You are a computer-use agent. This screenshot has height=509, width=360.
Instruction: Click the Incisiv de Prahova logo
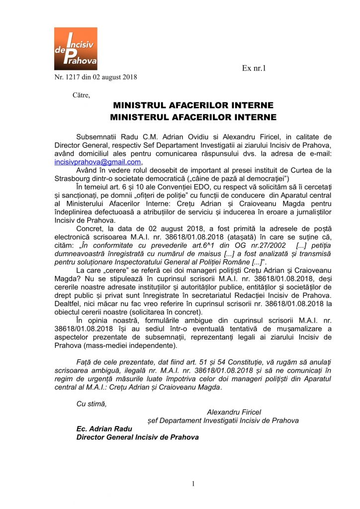point(76,48)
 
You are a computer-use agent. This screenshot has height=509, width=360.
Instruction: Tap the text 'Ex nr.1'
point(254,68)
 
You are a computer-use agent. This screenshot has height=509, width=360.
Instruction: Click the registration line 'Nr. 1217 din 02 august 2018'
point(95,77)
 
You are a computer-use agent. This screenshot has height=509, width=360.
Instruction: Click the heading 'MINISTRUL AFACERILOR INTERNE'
point(193,106)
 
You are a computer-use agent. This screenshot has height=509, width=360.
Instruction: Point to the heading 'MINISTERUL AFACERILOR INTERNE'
point(193,117)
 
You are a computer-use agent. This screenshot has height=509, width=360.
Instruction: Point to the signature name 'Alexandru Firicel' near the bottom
point(234,412)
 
